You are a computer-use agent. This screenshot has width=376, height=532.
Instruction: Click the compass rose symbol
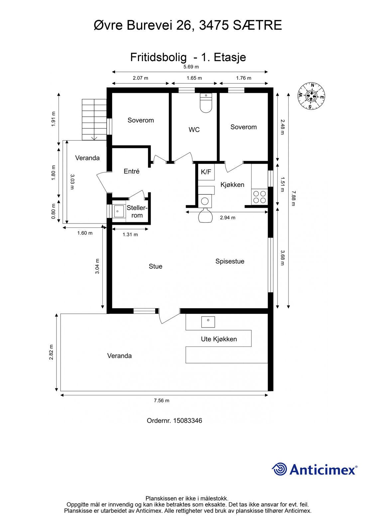311,96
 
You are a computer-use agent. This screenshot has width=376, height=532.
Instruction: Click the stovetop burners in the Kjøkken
259,197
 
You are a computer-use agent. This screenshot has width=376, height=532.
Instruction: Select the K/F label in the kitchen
206,172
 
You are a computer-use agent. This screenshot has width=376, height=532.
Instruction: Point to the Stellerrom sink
119,211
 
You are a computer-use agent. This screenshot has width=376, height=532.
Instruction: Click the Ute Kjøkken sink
208,322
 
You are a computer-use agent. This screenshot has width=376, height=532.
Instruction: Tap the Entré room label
131,171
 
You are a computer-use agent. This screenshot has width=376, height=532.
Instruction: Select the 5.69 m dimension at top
191,67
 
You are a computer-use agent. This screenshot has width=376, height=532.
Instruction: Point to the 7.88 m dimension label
294,198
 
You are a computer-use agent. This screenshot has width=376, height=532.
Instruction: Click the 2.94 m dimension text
227,217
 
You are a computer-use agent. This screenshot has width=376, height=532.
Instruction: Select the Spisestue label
230,261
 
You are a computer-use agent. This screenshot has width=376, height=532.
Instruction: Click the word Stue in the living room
156,266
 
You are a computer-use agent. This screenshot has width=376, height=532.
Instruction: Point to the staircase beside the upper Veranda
94,119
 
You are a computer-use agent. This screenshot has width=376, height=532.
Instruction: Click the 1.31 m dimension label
130,235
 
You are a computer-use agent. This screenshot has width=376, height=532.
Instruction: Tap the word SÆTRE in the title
257,25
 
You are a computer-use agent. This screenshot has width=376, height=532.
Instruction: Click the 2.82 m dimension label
51,352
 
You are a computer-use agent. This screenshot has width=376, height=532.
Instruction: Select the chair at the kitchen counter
205,215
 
